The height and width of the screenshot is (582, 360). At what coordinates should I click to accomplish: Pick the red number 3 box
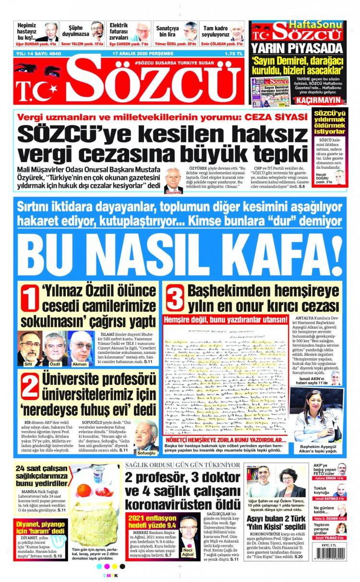pos(174,299)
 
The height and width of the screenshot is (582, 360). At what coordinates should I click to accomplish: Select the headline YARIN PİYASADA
pos(298,48)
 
